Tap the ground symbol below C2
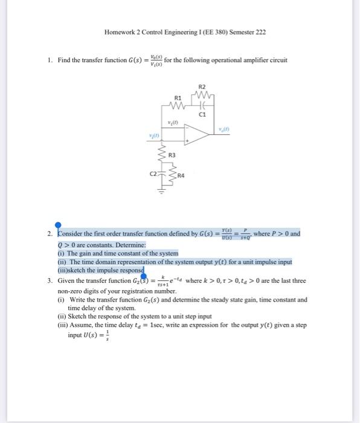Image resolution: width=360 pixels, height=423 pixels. pos(162,192)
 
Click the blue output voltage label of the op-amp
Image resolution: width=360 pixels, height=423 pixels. pos(225,129)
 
